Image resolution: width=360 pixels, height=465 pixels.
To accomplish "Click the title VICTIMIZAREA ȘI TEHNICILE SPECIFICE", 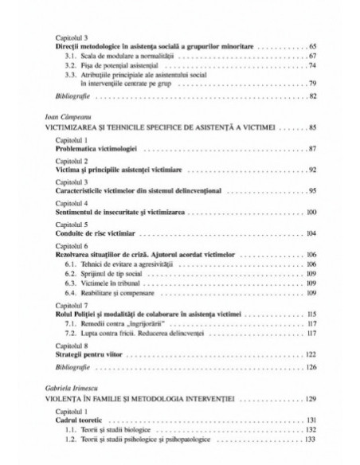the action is coord(159,127).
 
